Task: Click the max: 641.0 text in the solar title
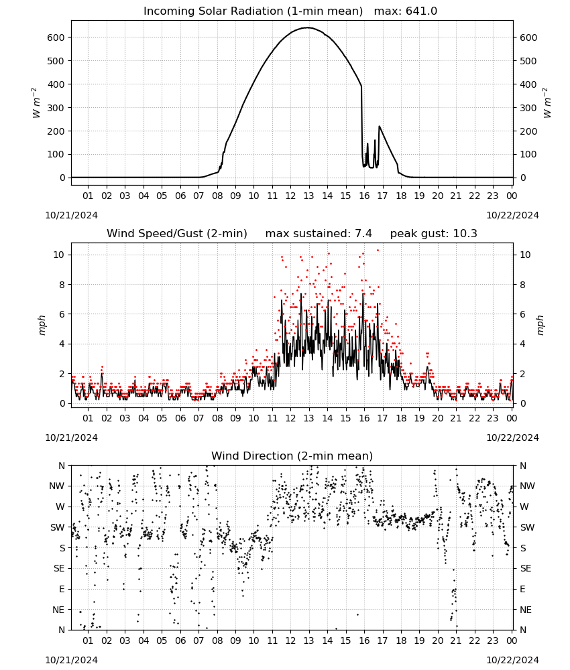[406, 11]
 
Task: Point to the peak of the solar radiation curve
[308, 27]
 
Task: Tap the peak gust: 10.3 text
[434, 234]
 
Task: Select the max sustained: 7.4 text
[319, 234]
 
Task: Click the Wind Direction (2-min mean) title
[292, 456]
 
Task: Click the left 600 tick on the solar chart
[56, 38]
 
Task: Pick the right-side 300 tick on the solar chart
[528, 108]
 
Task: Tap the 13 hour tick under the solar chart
[308, 196]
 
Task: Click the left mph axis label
[42, 325]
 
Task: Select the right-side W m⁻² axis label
[548, 103]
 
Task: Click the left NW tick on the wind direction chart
[57, 486]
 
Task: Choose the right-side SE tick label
[526, 568]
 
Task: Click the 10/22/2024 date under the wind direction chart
[512, 660]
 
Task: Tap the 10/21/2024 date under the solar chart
[71, 215]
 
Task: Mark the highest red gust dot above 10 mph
[378, 251]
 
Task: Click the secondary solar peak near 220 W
[380, 127]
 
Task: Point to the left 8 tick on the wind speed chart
[62, 285]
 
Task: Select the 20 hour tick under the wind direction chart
[437, 641]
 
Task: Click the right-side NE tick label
[526, 610]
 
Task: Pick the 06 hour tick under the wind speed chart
[180, 418]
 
